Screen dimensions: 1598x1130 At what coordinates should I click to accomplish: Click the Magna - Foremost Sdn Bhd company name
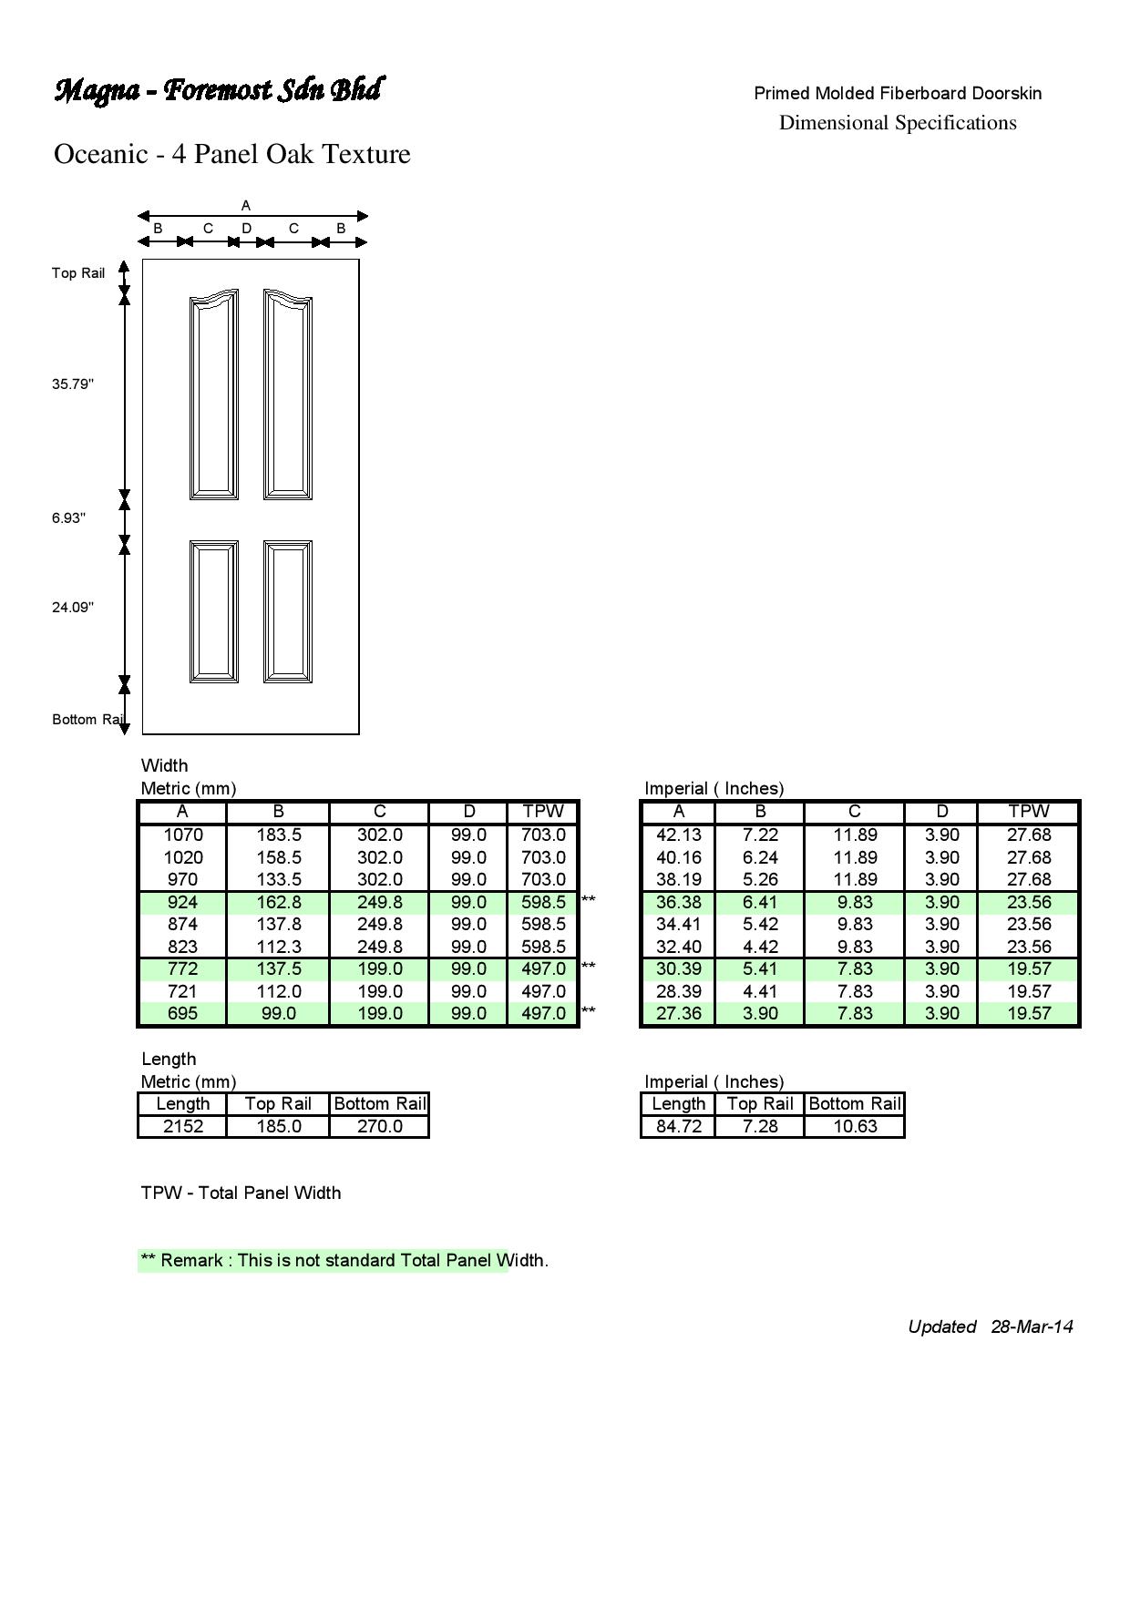point(218,90)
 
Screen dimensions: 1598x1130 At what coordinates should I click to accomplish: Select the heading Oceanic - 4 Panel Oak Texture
point(232,154)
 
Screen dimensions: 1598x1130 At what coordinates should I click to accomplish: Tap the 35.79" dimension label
point(73,384)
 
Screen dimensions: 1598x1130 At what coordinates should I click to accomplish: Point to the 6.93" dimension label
point(68,518)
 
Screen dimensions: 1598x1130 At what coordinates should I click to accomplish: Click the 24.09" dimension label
point(73,608)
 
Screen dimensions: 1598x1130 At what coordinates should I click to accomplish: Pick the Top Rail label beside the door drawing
point(78,273)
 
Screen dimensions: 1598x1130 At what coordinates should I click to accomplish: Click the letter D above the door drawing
point(246,229)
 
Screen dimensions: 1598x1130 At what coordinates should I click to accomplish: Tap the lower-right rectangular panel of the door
point(288,610)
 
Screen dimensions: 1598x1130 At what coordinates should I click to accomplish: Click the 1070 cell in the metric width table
point(183,835)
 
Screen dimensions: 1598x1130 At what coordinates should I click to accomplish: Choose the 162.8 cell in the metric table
point(278,902)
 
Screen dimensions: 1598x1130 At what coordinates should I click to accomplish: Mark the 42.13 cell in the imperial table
point(679,835)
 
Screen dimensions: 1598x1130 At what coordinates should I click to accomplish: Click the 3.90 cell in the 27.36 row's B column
point(760,1013)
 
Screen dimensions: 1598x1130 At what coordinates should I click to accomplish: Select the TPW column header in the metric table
point(543,811)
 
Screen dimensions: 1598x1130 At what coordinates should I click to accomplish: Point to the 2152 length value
point(183,1126)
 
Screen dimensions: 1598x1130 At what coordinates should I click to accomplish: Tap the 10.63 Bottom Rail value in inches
point(855,1126)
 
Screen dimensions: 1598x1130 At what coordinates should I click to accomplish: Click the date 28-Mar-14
point(1032,1327)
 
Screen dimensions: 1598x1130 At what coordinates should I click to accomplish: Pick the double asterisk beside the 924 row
point(588,900)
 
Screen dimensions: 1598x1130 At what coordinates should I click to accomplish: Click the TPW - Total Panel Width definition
point(241,1193)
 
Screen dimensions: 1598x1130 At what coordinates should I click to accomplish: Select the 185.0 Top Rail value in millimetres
point(278,1126)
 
